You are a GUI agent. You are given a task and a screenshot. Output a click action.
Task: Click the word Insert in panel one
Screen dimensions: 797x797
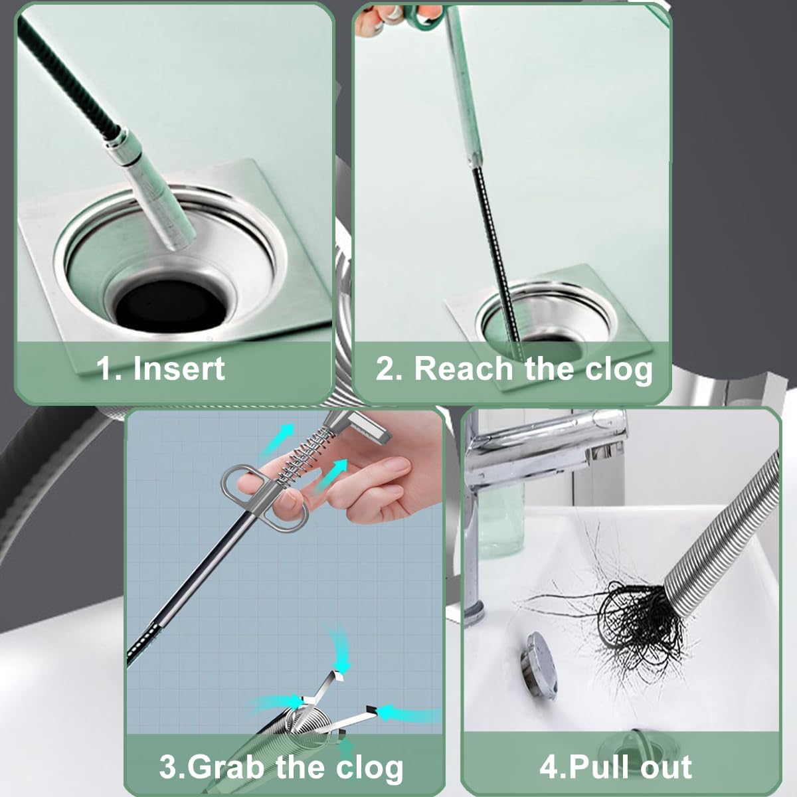tap(179, 369)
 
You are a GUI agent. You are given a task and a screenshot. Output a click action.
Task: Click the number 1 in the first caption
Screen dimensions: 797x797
tap(104, 369)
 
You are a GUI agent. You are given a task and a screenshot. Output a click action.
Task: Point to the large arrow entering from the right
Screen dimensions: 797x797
tap(412, 714)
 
